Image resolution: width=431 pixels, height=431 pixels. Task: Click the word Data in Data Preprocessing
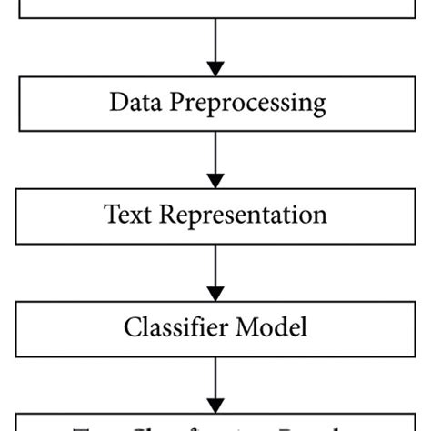pos(134,103)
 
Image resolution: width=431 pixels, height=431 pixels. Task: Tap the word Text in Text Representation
pos(127,215)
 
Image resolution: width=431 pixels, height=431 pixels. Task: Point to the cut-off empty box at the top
pos(215,9)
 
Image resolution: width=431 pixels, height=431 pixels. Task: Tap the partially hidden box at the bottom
pos(215,423)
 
